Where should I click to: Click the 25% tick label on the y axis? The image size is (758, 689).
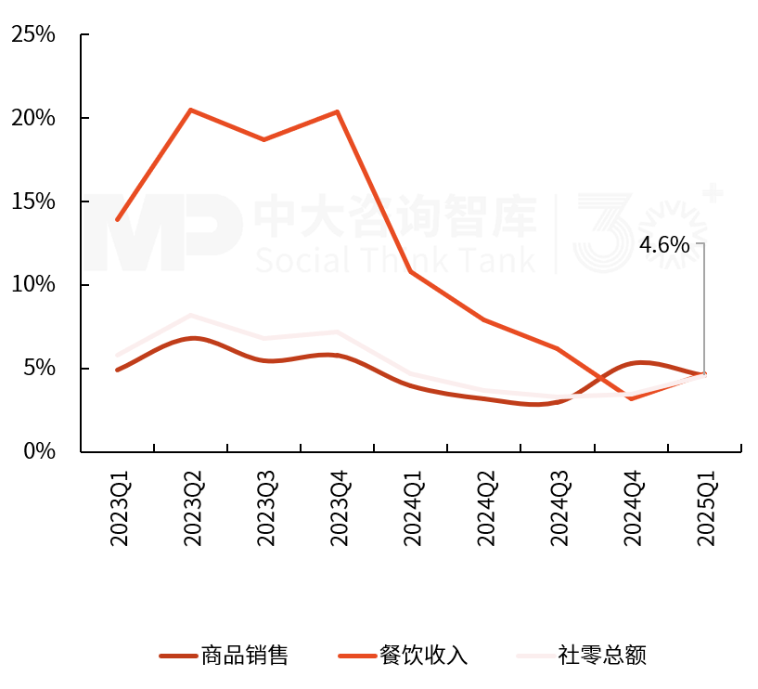[33, 35]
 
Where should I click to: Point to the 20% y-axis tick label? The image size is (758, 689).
[33, 119]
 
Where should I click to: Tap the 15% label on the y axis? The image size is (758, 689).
[33, 202]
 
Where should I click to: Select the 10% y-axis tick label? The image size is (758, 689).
[33, 285]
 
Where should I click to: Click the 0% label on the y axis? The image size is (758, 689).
[40, 452]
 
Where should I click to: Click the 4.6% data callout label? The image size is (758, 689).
[665, 245]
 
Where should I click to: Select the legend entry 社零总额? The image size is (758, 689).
[602, 656]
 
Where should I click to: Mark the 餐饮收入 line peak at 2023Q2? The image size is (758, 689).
[190, 110]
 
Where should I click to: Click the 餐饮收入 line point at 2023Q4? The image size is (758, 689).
[337, 111]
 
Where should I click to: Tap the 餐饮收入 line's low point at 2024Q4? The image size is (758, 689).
[631, 398]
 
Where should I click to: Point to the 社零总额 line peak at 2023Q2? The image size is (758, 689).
[190, 315]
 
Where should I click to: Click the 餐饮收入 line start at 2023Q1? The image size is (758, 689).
[117, 220]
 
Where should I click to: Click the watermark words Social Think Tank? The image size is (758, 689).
[395, 259]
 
